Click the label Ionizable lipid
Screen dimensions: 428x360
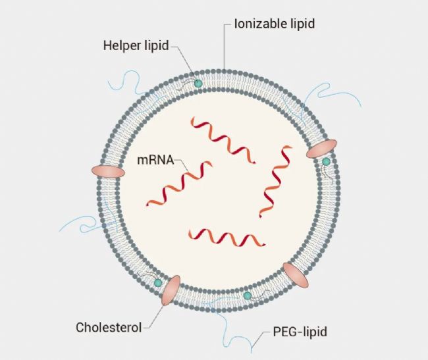tap(275, 24)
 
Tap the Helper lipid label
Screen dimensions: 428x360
tap(136, 45)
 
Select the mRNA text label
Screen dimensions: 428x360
tap(155, 160)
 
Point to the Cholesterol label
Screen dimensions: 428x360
tap(109, 327)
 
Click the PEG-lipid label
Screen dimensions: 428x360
tap(300, 332)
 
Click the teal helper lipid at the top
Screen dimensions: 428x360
tap(198, 83)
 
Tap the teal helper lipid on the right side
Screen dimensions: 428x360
tap(326, 162)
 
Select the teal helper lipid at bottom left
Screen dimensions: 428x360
tap(158, 283)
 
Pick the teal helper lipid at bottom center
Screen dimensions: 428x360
tap(248, 296)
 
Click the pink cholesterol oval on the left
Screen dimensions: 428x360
tap(108, 172)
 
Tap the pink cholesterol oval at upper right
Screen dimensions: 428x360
tap(321, 149)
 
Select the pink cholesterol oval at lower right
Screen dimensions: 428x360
tap(296, 275)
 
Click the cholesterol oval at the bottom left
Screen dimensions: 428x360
tap(171, 290)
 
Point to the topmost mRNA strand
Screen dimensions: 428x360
tap(223, 140)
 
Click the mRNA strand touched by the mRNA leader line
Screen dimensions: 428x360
tap(179, 183)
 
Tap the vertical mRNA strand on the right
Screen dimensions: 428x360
tap(276, 182)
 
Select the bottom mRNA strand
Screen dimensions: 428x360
tap(227, 238)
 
